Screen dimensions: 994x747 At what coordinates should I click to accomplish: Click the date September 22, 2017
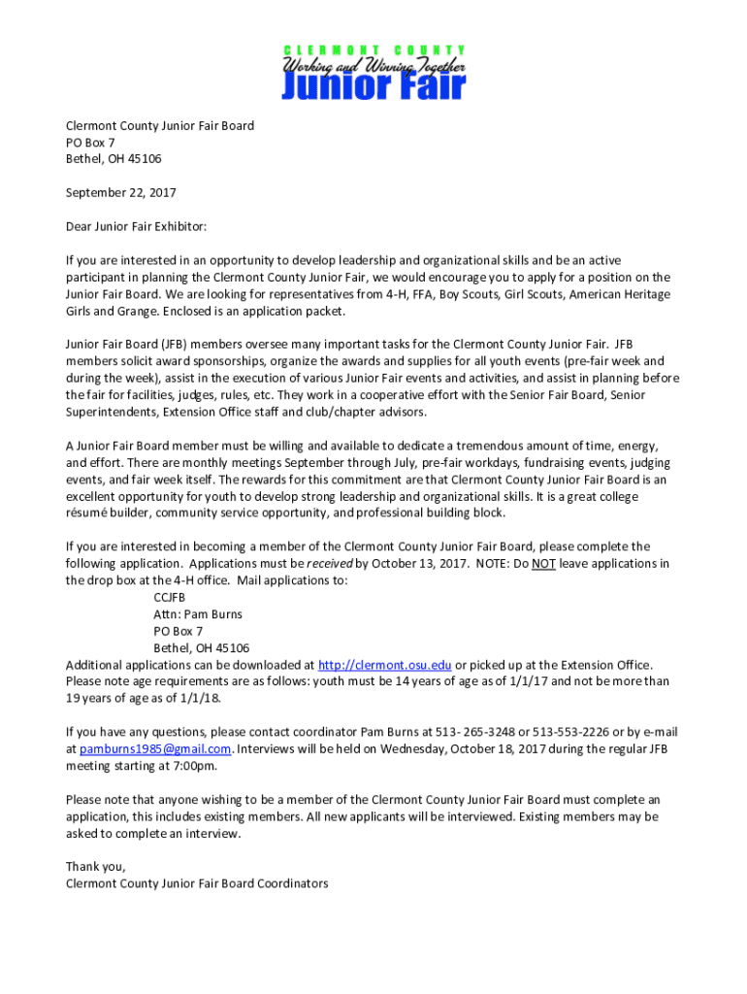120,192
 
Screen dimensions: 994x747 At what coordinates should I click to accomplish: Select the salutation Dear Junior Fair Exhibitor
136,226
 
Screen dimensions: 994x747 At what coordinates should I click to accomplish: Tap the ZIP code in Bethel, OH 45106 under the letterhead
142,159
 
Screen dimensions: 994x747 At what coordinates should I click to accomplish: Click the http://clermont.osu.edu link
385,665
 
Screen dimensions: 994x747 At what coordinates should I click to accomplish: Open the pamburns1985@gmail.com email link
155,748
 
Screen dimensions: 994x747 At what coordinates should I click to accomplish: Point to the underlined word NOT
543,563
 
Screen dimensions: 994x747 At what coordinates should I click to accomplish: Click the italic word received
329,563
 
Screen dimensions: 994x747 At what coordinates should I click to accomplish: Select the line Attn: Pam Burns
198,614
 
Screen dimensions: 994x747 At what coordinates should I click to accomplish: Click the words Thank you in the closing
95,866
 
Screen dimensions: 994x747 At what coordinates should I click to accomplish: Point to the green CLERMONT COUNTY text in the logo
373,50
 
